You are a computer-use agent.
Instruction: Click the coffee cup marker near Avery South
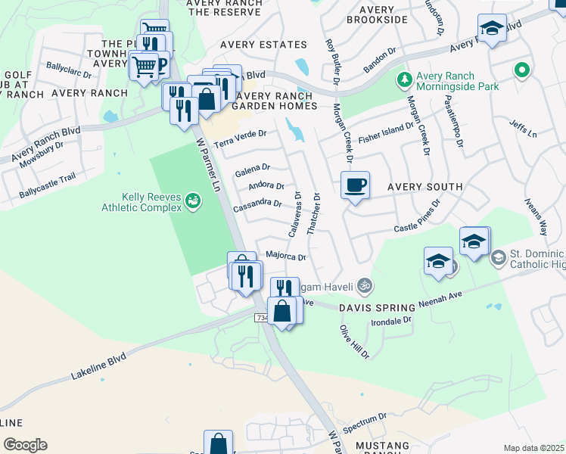(x=355, y=185)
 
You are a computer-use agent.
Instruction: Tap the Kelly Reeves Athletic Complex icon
(x=194, y=201)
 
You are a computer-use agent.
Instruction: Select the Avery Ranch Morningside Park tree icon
(x=405, y=79)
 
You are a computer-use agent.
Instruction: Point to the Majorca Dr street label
(x=285, y=257)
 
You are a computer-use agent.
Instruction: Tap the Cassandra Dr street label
(x=257, y=204)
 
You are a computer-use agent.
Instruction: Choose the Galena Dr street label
(x=253, y=168)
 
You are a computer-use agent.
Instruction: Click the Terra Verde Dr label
(x=241, y=138)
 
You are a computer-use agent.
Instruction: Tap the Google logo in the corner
(x=25, y=445)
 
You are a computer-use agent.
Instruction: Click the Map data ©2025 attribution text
(x=533, y=448)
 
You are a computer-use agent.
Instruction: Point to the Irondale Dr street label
(x=390, y=322)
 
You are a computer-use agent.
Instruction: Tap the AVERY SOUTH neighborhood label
(x=424, y=187)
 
